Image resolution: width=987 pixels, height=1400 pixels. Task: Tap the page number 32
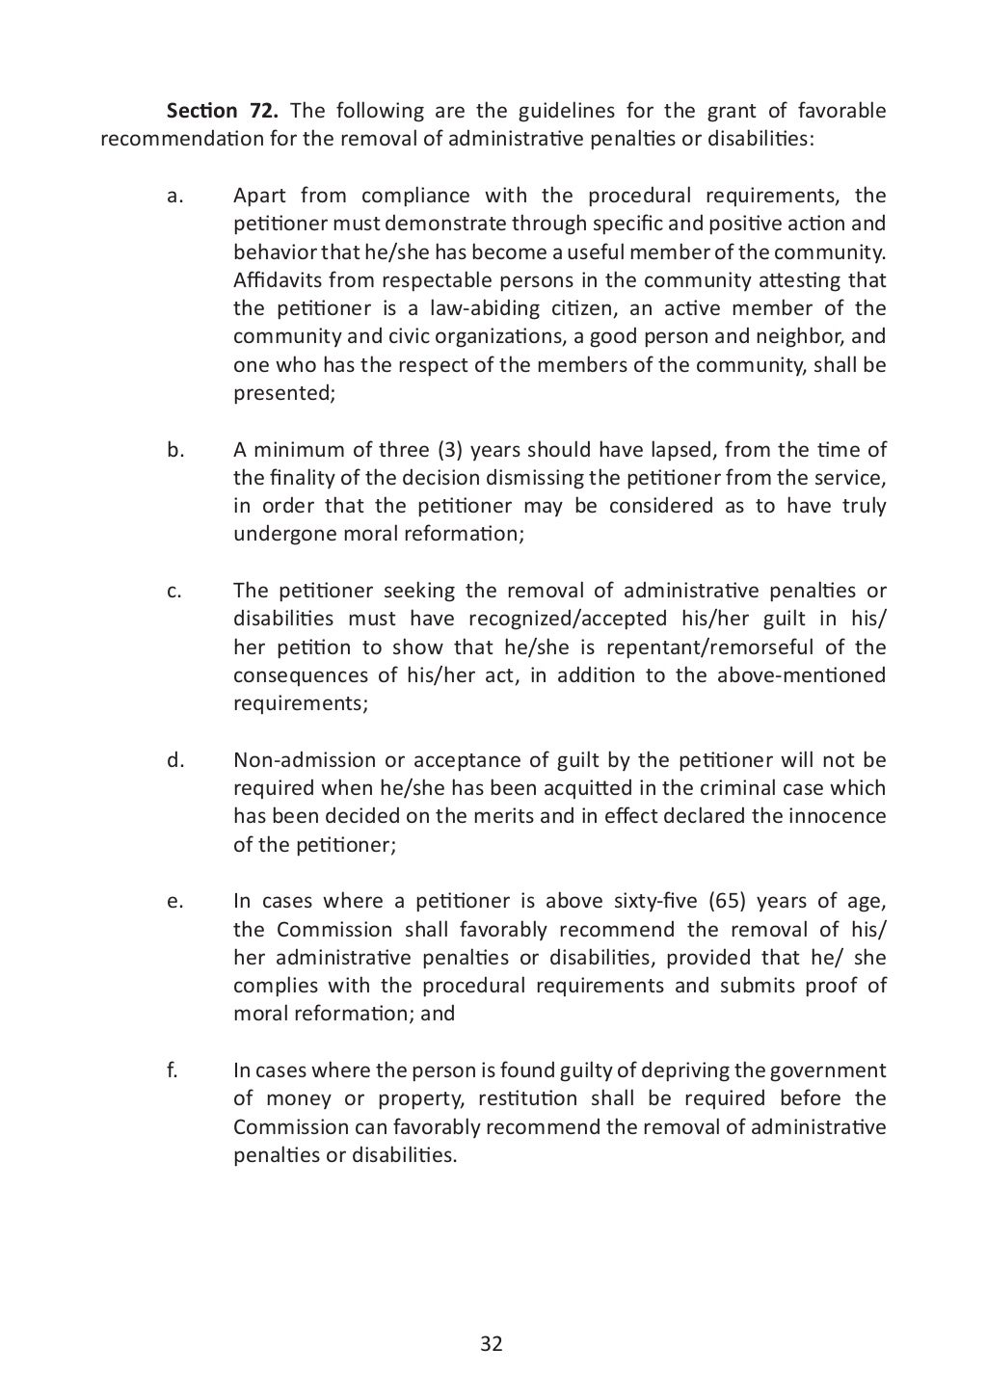492,1344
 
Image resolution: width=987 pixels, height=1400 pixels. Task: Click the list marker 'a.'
174,197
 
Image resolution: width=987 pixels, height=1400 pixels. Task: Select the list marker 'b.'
174,450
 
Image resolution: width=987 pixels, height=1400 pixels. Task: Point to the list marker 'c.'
173,592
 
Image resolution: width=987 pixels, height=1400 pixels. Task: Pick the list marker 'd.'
174,760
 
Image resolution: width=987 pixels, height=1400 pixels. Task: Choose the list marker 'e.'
174,902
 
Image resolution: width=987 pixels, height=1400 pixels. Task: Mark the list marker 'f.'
173,1070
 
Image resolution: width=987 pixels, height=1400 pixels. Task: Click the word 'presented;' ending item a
279,393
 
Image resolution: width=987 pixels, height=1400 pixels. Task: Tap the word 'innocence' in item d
838,816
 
